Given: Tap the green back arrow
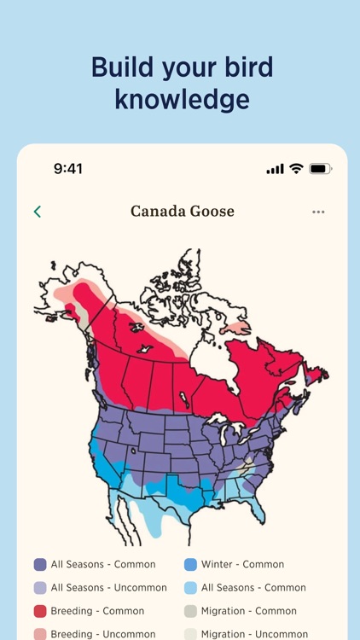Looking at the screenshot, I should point(38,212).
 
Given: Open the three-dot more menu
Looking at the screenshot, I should point(318,212).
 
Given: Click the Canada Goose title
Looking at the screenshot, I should point(182,211).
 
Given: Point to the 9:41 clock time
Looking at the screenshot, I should point(68,169).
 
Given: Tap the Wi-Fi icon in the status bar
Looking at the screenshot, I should point(296,169).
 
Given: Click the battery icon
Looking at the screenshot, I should point(320,169).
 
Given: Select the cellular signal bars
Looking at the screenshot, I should point(275,169).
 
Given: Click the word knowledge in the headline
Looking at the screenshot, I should point(182,99).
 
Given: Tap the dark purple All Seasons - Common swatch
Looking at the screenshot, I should point(40,564).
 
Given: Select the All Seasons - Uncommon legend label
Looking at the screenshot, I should point(109,587).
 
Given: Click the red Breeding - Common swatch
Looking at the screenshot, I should point(40,611).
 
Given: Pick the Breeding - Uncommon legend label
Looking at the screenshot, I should point(103,634).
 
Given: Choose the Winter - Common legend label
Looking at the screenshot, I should point(242,564).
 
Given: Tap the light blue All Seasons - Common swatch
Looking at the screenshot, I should point(190,587).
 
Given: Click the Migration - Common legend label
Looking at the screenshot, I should point(249,611).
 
